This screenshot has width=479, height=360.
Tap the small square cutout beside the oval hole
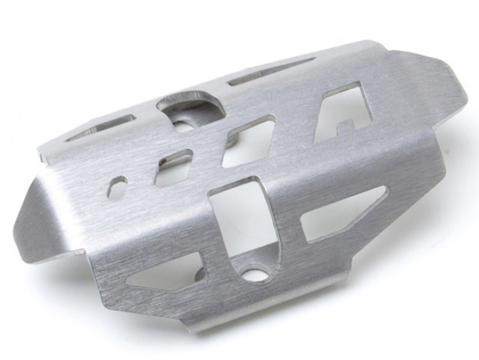coord(177,159)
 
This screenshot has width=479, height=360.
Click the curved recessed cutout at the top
coord(191,105)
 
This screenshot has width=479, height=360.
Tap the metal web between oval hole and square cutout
coord(147,174)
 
